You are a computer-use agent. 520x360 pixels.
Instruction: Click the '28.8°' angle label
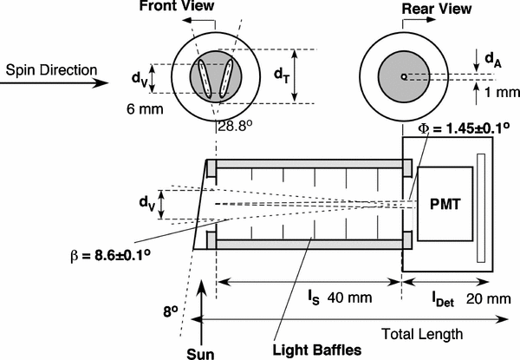[233, 127]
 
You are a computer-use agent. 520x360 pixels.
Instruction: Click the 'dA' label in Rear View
[491, 59]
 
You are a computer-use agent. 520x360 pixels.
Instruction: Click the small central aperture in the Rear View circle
[403, 76]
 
